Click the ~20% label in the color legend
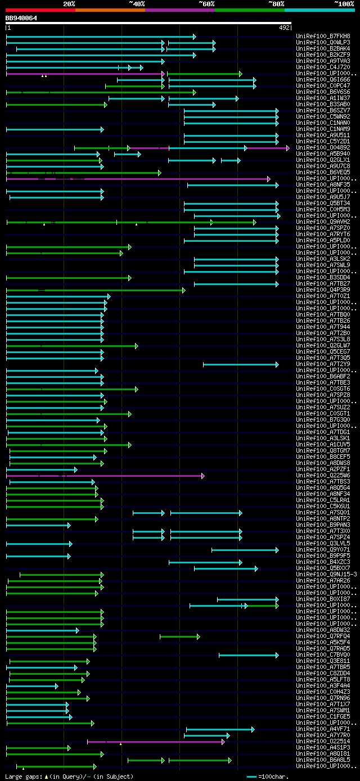69,4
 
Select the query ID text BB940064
21,18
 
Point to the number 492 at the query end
284,27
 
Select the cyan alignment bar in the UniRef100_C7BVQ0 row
248,655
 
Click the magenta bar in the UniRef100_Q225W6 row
104,476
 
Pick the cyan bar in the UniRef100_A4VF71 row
220,729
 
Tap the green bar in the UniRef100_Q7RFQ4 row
179,636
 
